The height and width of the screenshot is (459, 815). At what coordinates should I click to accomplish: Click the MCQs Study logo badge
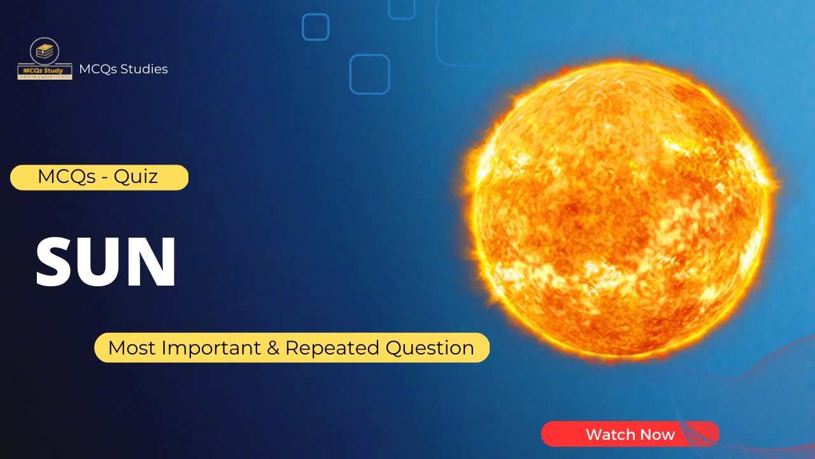(45, 59)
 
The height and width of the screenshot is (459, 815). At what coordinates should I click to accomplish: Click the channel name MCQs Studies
(124, 69)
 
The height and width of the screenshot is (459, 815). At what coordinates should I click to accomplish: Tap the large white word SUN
(106, 262)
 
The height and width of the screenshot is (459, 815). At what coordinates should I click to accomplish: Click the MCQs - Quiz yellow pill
(99, 177)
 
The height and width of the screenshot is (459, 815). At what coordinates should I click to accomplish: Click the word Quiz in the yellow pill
(136, 177)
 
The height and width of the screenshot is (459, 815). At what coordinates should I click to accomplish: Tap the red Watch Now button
(630, 434)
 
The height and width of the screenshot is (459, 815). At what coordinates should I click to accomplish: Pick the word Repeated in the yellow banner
(332, 348)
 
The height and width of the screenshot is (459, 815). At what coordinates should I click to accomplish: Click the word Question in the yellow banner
(430, 348)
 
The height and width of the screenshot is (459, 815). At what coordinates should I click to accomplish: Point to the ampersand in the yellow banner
(275, 348)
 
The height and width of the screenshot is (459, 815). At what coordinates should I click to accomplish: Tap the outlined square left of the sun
(369, 74)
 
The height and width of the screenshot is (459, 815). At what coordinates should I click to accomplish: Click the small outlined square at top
(315, 27)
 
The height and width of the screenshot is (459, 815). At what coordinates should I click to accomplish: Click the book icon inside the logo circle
(45, 51)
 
